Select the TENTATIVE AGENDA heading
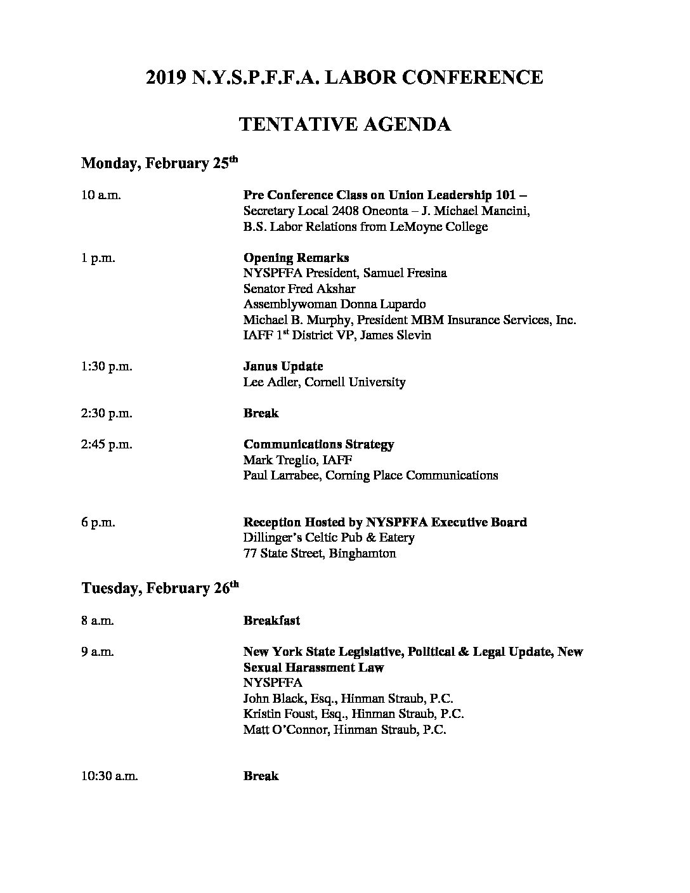pos(345,124)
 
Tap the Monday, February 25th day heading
pos(159,164)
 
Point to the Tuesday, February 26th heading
pos(160,589)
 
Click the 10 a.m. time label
pos(101,195)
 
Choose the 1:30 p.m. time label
pos(107,367)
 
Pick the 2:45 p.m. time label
pos(107,445)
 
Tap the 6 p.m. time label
pos(98,523)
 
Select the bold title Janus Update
pos(283,367)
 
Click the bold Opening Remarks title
pos(296,258)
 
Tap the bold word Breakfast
pos(271,621)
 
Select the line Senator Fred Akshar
pos(299,289)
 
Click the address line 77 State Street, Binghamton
pos(320,554)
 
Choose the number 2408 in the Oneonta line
pos(341,211)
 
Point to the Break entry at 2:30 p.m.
pos(261,414)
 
